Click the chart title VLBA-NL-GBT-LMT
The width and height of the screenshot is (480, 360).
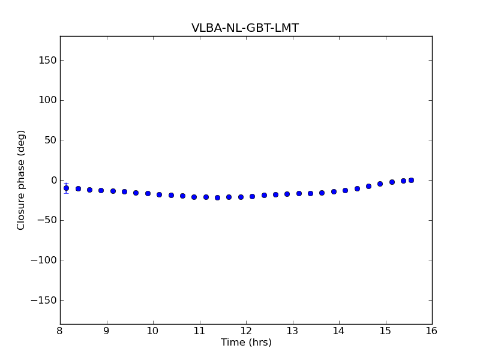(x=245, y=28)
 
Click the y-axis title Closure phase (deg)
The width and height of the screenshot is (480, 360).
(x=22, y=180)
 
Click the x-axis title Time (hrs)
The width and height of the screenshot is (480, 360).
(x=246, y=343)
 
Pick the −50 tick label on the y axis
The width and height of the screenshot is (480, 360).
(x=46, y=220)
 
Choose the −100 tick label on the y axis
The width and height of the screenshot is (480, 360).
(x=43, y=260)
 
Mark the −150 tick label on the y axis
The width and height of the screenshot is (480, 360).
(x=43, y=300)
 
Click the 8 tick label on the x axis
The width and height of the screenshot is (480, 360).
(x=60, y=331)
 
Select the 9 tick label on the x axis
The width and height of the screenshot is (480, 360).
(x=107, y=331)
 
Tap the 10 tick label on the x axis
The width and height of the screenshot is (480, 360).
(x=153, y=331)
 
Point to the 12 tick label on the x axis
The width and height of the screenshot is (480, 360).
(x=246, y=331)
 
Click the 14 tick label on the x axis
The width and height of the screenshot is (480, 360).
(x=339, y=331)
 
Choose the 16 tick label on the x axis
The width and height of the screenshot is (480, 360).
(x=432, y=331)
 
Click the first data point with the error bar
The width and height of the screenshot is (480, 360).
(x=66, y=188)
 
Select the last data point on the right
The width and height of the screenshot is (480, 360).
(x=411, y=180)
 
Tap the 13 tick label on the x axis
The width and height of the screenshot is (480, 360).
(x=292, y=331)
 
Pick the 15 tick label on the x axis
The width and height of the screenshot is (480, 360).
(x=385, y=331)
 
